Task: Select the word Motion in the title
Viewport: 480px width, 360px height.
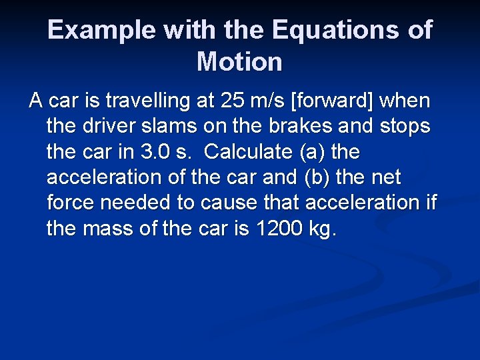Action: (240, 62)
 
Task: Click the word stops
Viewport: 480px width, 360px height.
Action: (405, 127)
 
